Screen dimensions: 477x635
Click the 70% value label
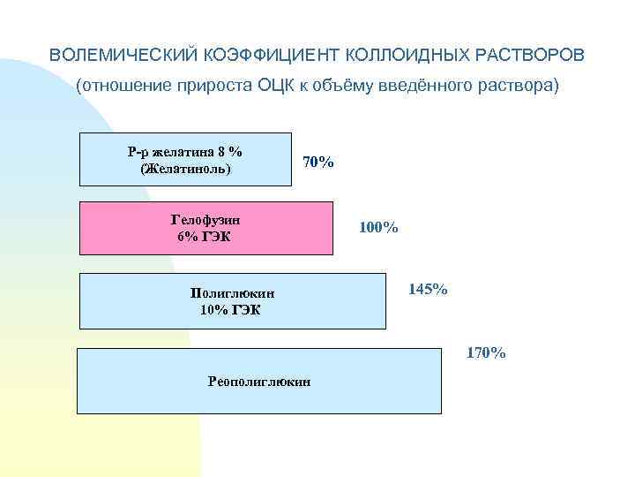(x=317, y=163)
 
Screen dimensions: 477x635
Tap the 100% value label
(x=378, y=228)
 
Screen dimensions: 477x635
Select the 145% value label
(x=428, y=289)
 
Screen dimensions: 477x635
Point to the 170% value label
(x=486, y=353)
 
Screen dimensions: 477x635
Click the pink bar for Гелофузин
(x=282, y=228)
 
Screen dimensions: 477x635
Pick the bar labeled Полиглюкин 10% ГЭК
(x=335, y=300)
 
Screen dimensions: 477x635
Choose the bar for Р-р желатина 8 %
(x=265, y=159)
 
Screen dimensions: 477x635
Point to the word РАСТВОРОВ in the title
(x=530, y=55)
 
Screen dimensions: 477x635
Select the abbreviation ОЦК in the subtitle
(x=279, y=87)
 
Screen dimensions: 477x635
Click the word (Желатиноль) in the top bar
(x=185, y=168)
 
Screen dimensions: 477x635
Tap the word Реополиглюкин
(x=258, y=381)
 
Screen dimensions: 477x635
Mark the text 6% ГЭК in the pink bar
(x=205, y=236)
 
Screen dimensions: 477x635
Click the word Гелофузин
(x=205, y=219)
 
